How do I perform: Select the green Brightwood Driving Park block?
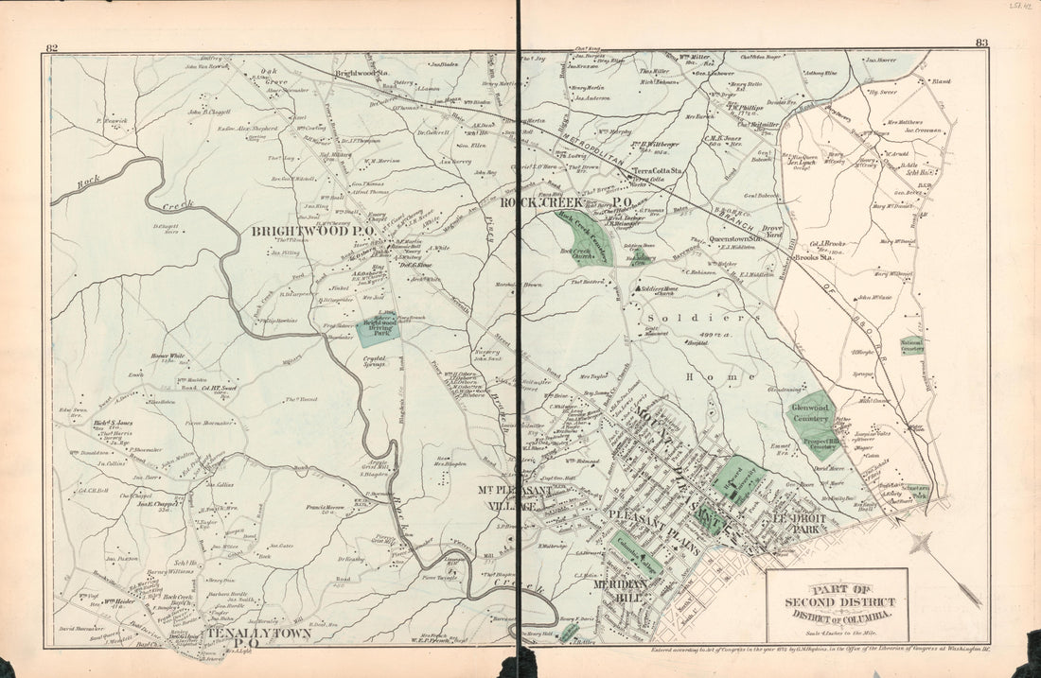tap(379, 329)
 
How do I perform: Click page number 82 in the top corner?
tap(52, 47)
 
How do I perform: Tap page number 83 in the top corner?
tap(981, 43)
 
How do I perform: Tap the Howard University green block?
tap(735, 478)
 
